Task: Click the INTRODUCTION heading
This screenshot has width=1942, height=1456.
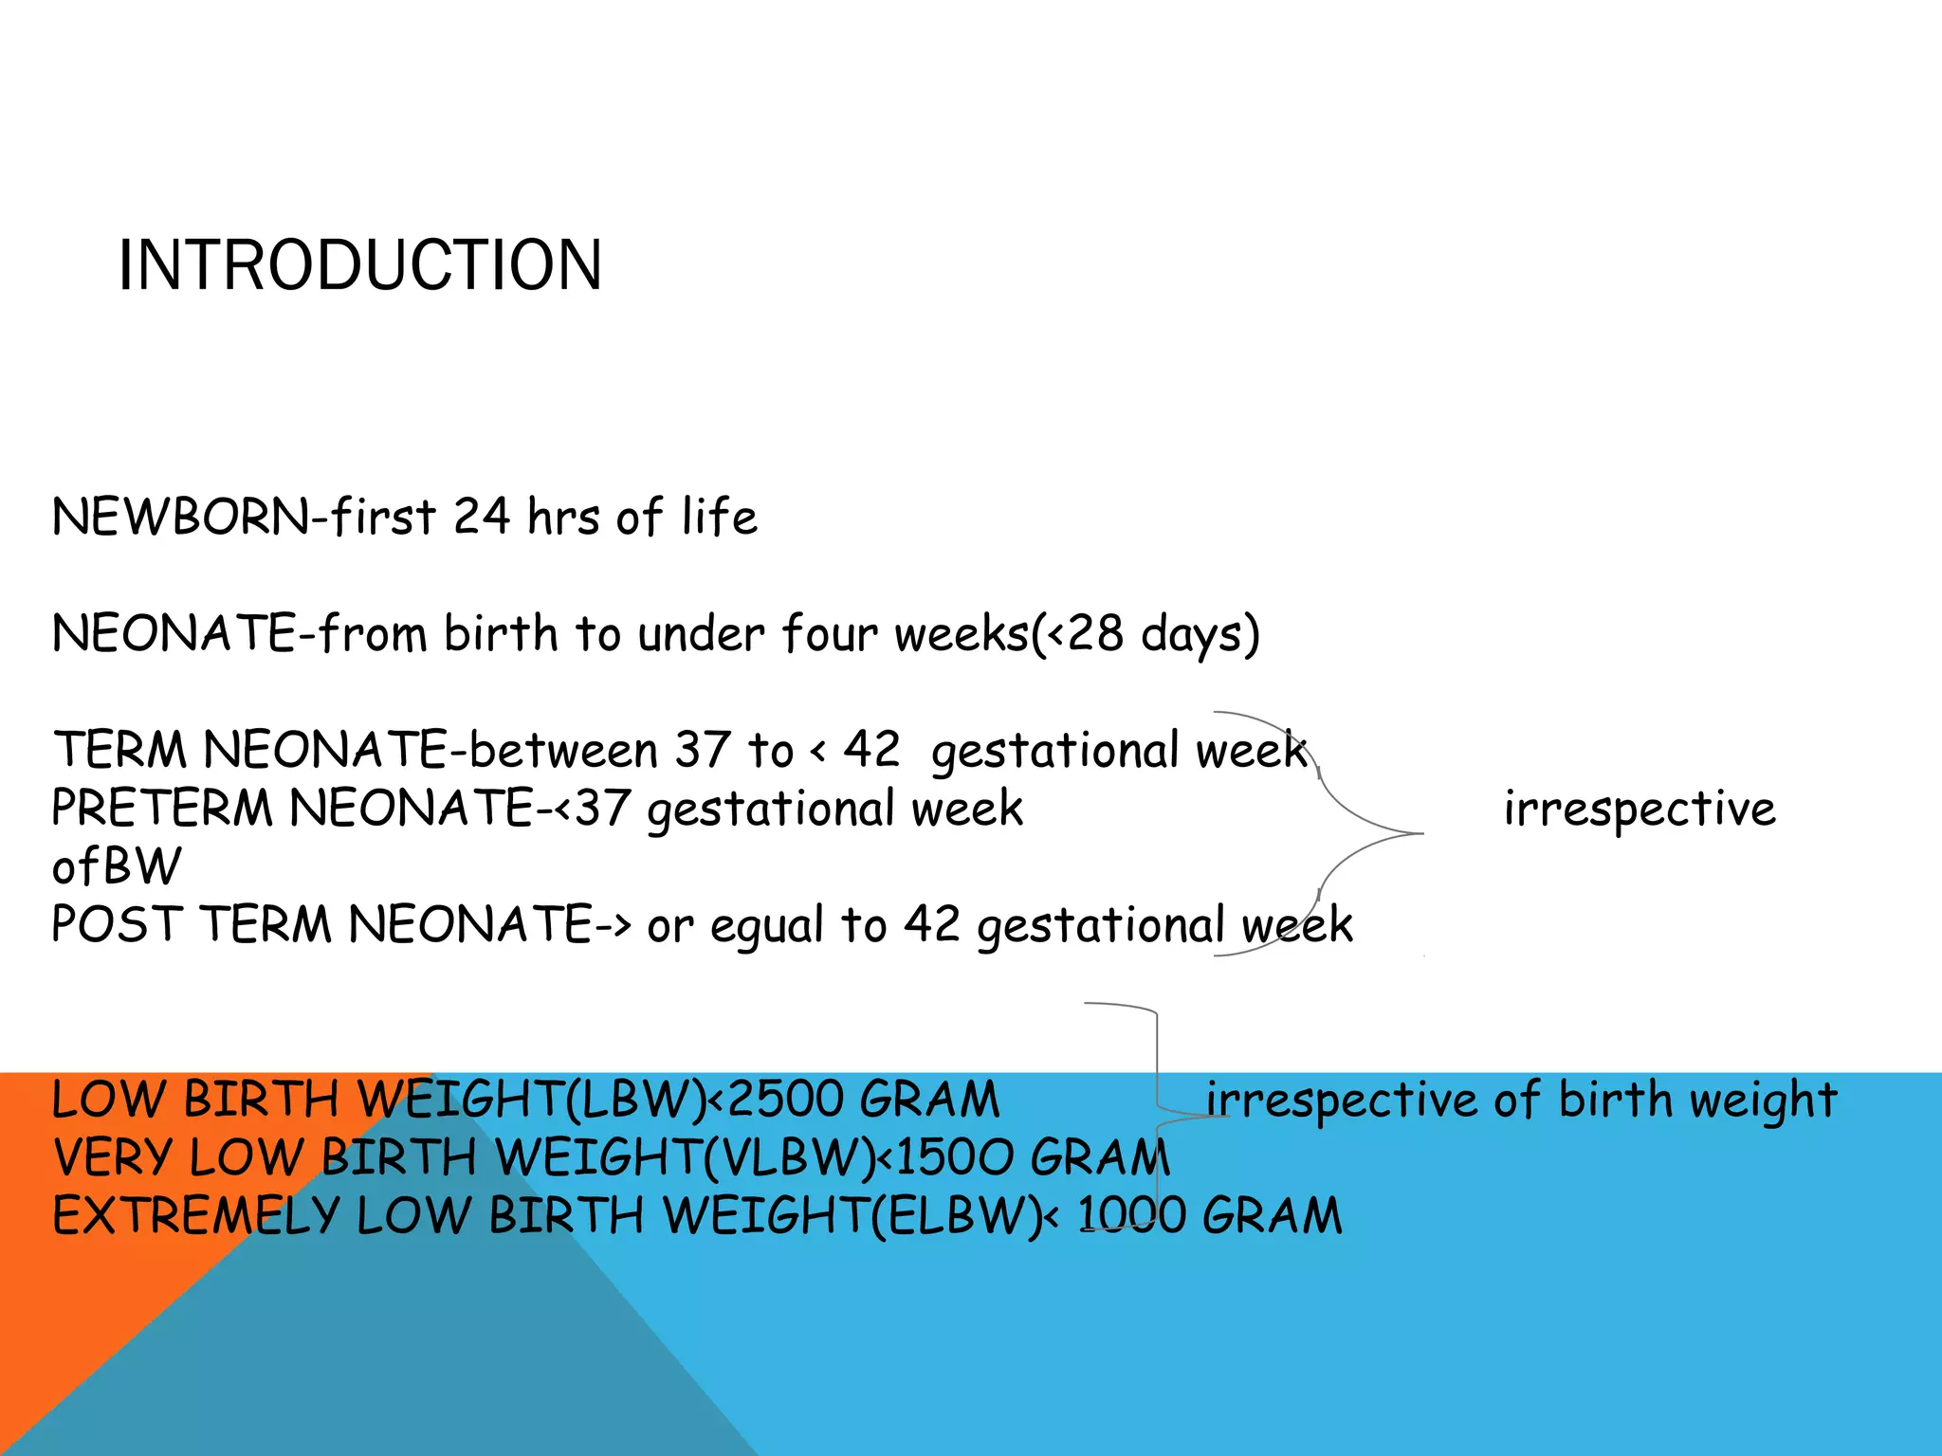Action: pyautogui.click(x=359, y=265)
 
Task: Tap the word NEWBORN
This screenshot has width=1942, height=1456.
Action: pyautogui.click(x=180, y=518)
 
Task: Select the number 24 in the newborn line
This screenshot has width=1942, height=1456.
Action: pyautogui.click(x=482, y=518)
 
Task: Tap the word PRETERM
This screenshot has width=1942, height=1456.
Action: pyautogui.click(x=162, y=809)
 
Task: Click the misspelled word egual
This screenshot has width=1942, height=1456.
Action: pyautogui.click(x=766, y=926)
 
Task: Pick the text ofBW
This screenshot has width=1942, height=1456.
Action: pyautogui.click(x=116, y=866)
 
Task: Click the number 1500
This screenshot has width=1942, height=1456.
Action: pyautogui.click(x=953, y=1157)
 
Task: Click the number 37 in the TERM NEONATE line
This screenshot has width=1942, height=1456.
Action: pyautogui.click(x=703, y=750)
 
